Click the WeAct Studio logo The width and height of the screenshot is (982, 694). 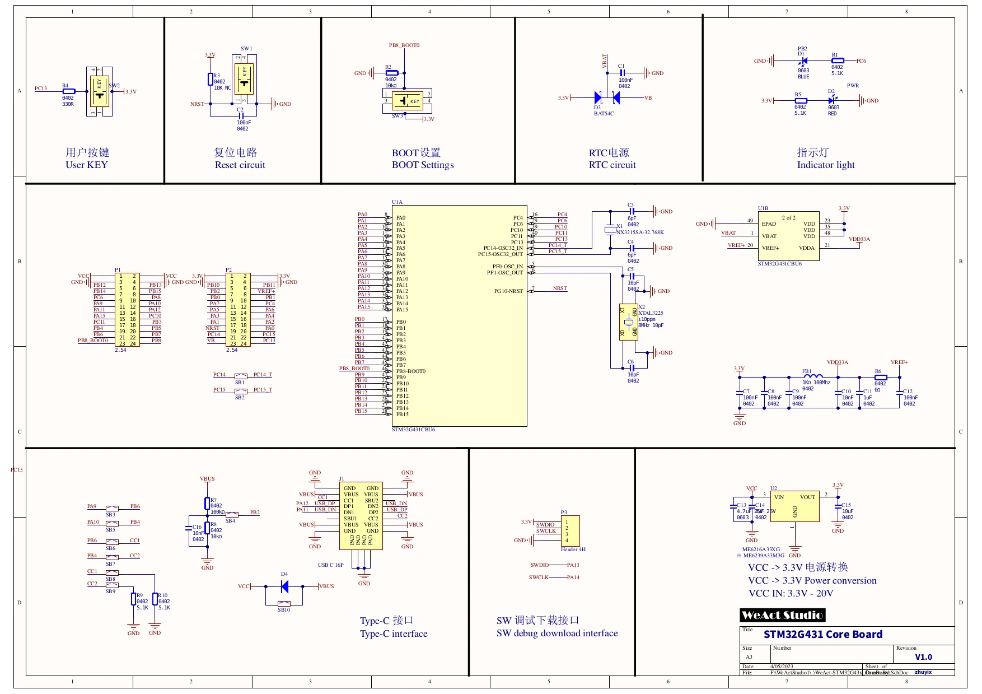pos(782,615)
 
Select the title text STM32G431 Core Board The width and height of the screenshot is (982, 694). pos(822,635)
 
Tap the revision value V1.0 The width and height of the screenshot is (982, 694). pos(923,657)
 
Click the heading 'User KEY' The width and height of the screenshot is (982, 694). pos(86,165)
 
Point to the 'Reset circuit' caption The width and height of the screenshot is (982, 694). pos(240,165)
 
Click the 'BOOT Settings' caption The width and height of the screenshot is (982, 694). pos(422,165)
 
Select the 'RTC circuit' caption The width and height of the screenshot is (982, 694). pos(612,165)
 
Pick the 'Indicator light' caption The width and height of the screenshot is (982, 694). pos(826,165)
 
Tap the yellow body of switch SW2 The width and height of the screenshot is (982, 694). pos(100,91)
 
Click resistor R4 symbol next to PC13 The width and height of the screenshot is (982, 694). pos(68,91)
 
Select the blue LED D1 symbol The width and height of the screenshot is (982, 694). pos(804,61)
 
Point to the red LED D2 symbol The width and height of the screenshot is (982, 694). pos(832,101)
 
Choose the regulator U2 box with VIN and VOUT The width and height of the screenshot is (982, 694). pos(794,506)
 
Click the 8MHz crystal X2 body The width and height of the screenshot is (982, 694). pos(629,322)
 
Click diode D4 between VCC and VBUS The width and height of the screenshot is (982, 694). pos(284,586)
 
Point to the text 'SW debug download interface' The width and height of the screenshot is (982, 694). pos(557,633)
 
